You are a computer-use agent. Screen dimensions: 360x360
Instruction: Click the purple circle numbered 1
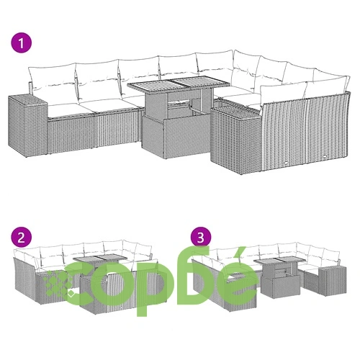(22, 43)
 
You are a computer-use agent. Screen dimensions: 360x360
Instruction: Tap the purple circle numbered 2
(22, 238)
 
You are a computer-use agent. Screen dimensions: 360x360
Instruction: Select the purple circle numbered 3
(201, 237)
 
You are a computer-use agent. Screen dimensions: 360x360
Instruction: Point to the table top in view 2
(100, 258)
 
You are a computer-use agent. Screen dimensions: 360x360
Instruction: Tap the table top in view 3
(280, 260)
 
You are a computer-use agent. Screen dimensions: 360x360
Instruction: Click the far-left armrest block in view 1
(28, 126)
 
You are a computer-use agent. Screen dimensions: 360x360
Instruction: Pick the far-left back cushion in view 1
(52, 79)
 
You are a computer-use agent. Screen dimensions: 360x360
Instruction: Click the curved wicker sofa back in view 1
(305, 131)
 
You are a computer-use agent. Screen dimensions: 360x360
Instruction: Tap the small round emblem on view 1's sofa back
(286, 163)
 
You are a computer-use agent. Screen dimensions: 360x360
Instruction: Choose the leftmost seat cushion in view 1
(65, 110)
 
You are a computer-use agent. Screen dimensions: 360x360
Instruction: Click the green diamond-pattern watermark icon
(58, 283)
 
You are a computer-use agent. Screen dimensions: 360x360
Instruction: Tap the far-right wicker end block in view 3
(332, 281)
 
